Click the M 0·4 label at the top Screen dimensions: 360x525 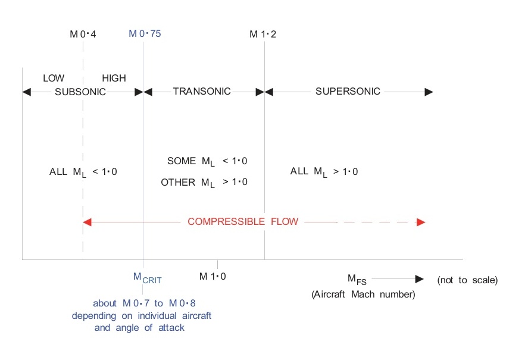pyautogui.click(x=83, y=34)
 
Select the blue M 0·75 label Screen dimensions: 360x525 pyautogui.click(x=145, y=33)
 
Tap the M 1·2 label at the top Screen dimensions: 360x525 pyautogui.click(x=262, y=34)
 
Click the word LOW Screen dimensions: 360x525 pyautogui.click(x=54, y=78)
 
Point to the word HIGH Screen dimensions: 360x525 pyautogui.click(x=114, y=78)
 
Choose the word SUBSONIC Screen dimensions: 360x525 pyautogui.click(x=80, y=92)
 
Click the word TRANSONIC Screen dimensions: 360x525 pyautogui.click(x=202, y=92)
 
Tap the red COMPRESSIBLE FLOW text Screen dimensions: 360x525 pyautogui.click(x=243, y=222)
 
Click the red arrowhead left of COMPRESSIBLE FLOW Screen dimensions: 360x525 pyautogui.click(x=87, y=222)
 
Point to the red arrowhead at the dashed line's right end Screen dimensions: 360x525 pyautogui.click(x=421, y=222)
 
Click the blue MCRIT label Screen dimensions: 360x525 pyautogui.click(x=147, y=277)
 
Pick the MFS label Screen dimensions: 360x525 pyautogui.click(x=357, y=279)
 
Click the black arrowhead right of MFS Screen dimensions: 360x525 pyautogui.click(x=419, y=278)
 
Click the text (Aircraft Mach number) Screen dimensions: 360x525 pyautogui.click(x=362, y=295)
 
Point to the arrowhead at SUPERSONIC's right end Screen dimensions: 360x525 pyautogui.click(x=429, y=92)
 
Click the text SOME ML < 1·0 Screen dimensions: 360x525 pyautogui.click(x=207, y=160)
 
